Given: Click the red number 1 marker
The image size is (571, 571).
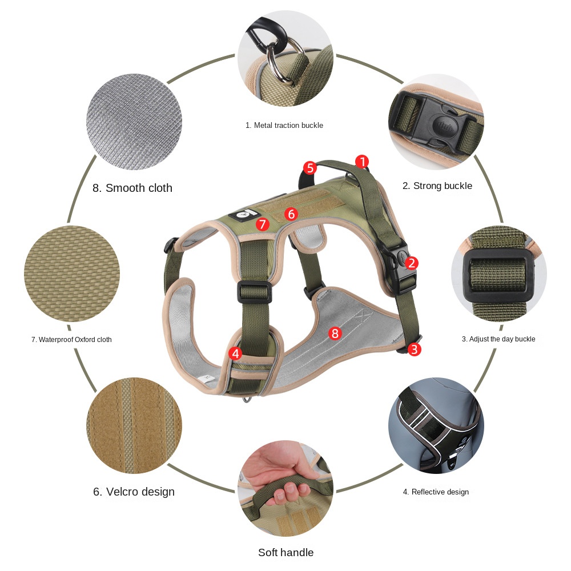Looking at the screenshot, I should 361,162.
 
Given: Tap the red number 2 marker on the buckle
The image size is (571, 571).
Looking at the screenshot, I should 412,263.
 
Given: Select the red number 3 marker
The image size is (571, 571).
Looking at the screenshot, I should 414,349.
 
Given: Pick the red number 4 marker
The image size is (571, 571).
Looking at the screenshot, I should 235,354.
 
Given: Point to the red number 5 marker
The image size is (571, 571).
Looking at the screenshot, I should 309,168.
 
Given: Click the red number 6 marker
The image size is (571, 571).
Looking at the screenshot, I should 291,214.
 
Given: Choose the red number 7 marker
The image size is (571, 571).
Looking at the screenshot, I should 262,224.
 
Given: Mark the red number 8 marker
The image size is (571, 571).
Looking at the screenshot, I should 335,333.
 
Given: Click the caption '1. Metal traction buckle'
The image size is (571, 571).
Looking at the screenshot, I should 284,125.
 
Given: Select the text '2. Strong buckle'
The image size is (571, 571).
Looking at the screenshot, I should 437,186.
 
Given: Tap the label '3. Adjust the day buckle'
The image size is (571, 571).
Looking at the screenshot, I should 498,339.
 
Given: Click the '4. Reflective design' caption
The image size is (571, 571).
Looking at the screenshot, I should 436,492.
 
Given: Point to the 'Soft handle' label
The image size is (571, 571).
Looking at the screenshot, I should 285,552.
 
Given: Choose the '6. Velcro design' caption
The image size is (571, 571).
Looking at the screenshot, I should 134,492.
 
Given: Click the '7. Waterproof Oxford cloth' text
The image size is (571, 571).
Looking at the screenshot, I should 71,340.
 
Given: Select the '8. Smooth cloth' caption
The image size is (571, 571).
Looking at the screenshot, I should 132,188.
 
